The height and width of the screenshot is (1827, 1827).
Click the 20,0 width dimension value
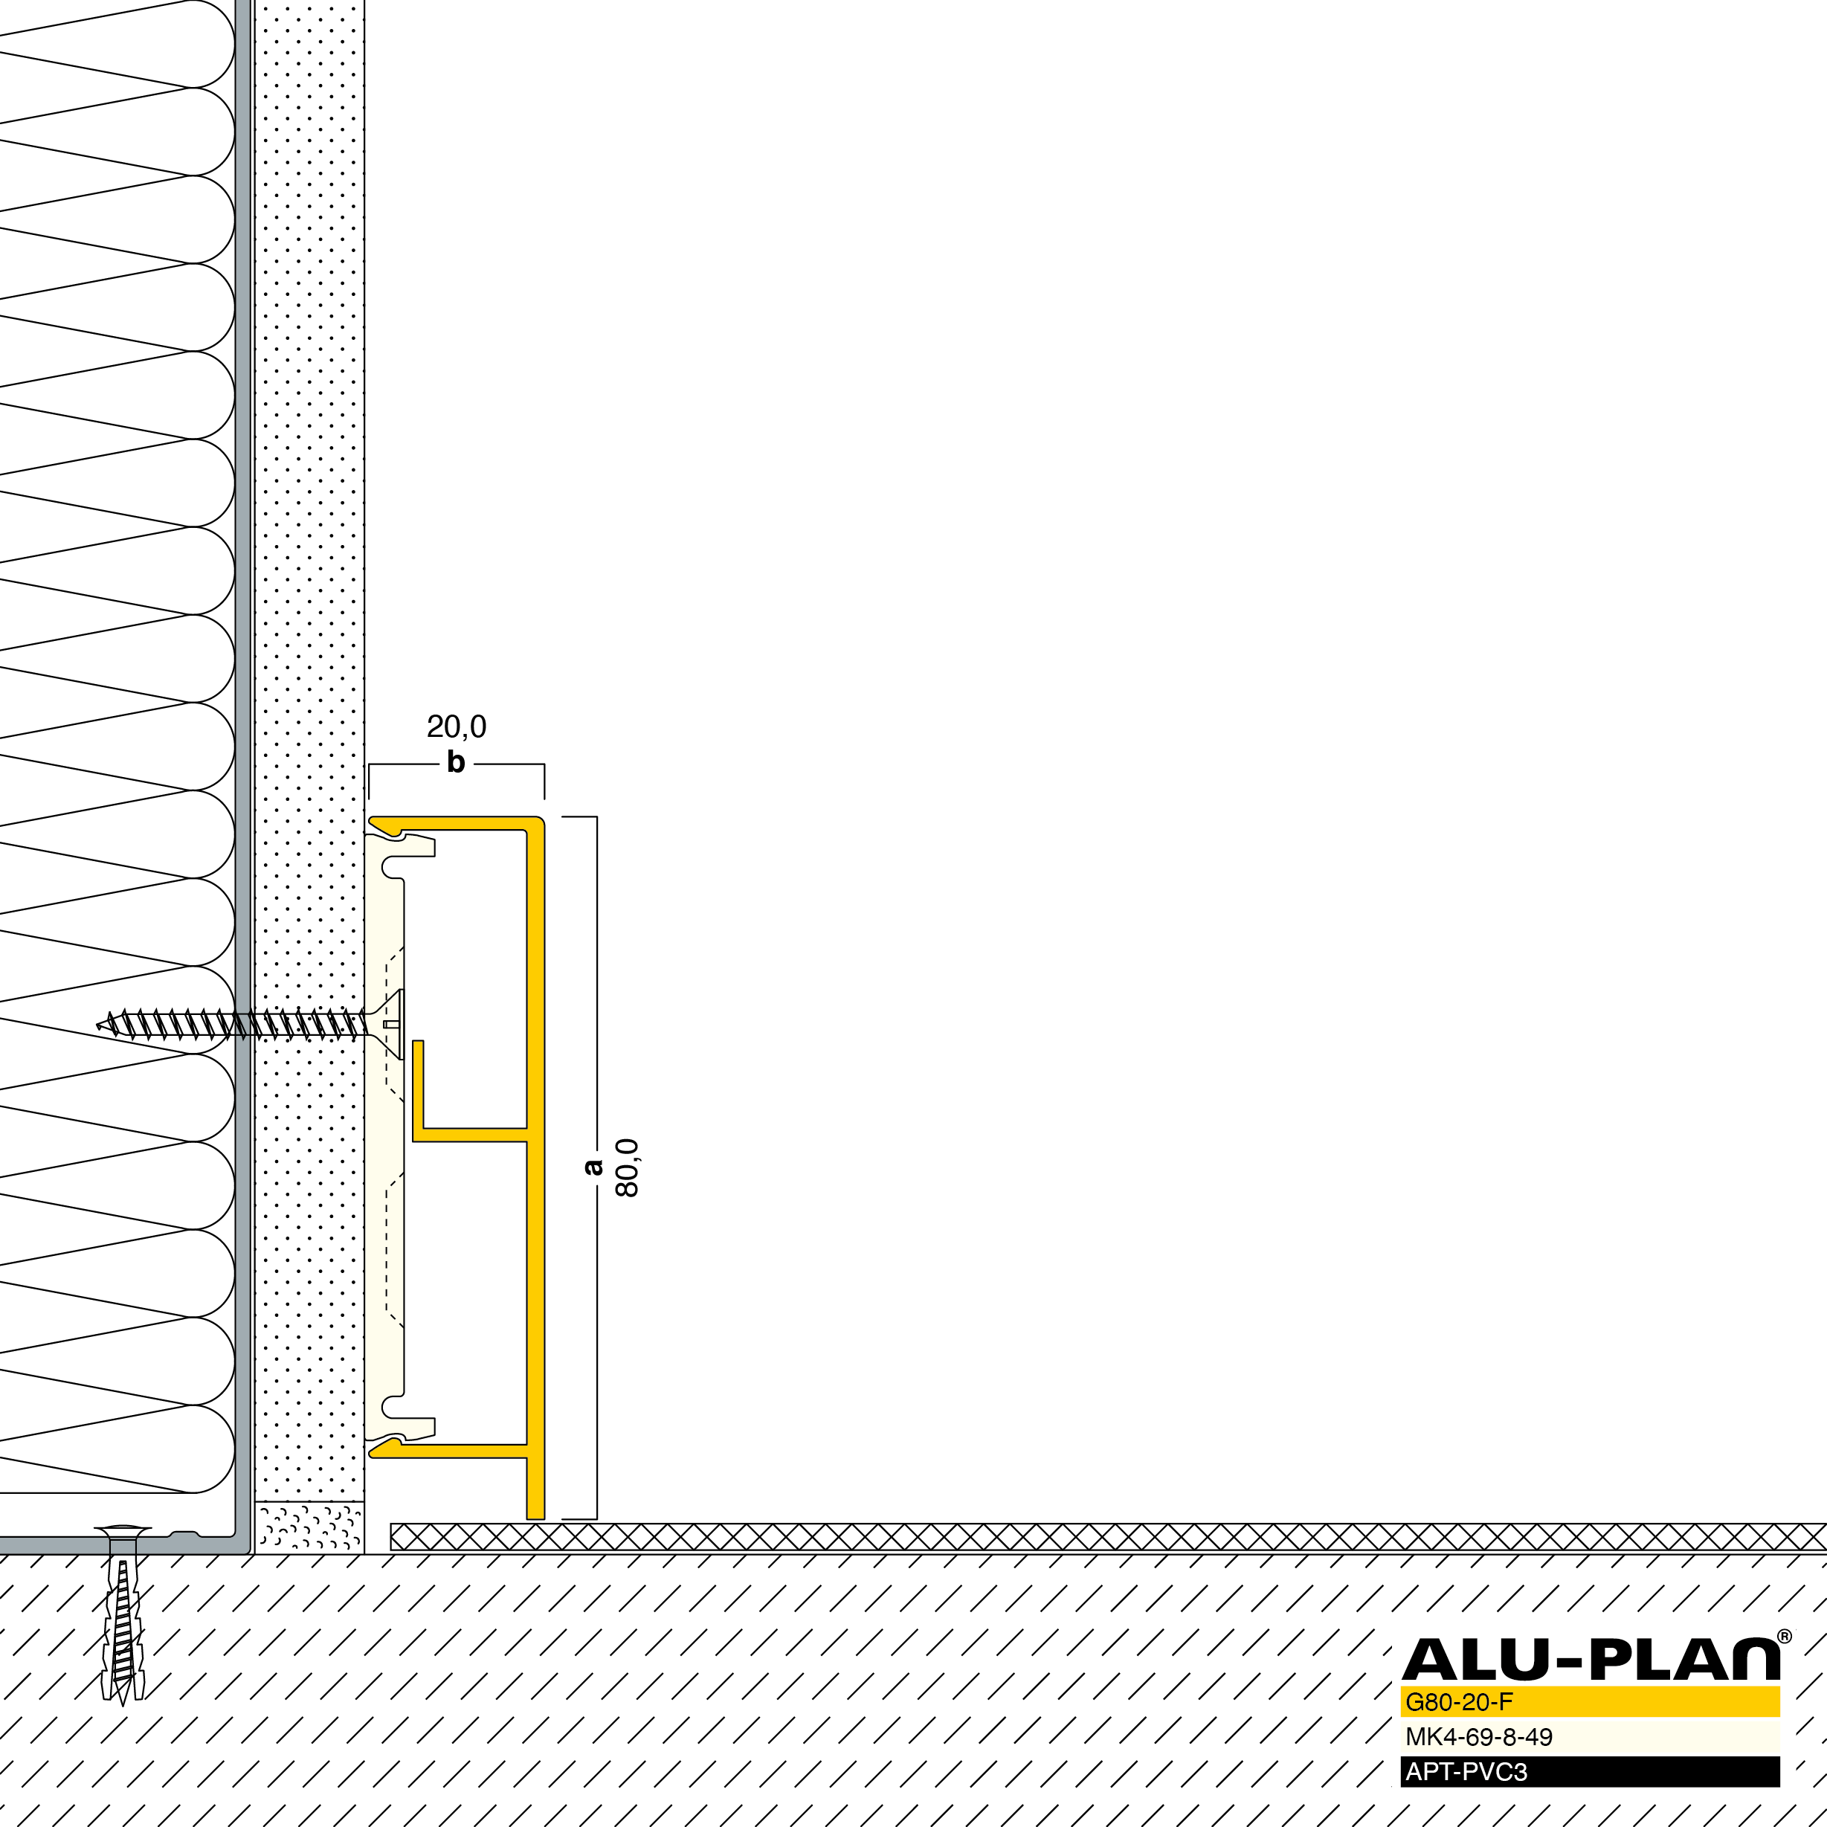457,726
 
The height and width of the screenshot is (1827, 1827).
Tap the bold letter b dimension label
456,761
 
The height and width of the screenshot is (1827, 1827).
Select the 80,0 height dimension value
627,1168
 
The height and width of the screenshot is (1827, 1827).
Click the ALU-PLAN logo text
1591,1660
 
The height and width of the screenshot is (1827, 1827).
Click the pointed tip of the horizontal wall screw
97,1024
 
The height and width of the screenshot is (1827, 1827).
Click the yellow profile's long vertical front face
535,1168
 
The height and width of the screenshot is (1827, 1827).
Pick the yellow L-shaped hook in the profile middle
469,1092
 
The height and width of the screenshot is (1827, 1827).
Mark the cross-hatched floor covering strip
1108,1537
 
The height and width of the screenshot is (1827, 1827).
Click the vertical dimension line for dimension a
596,1168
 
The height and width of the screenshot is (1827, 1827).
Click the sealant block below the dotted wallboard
309,1527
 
